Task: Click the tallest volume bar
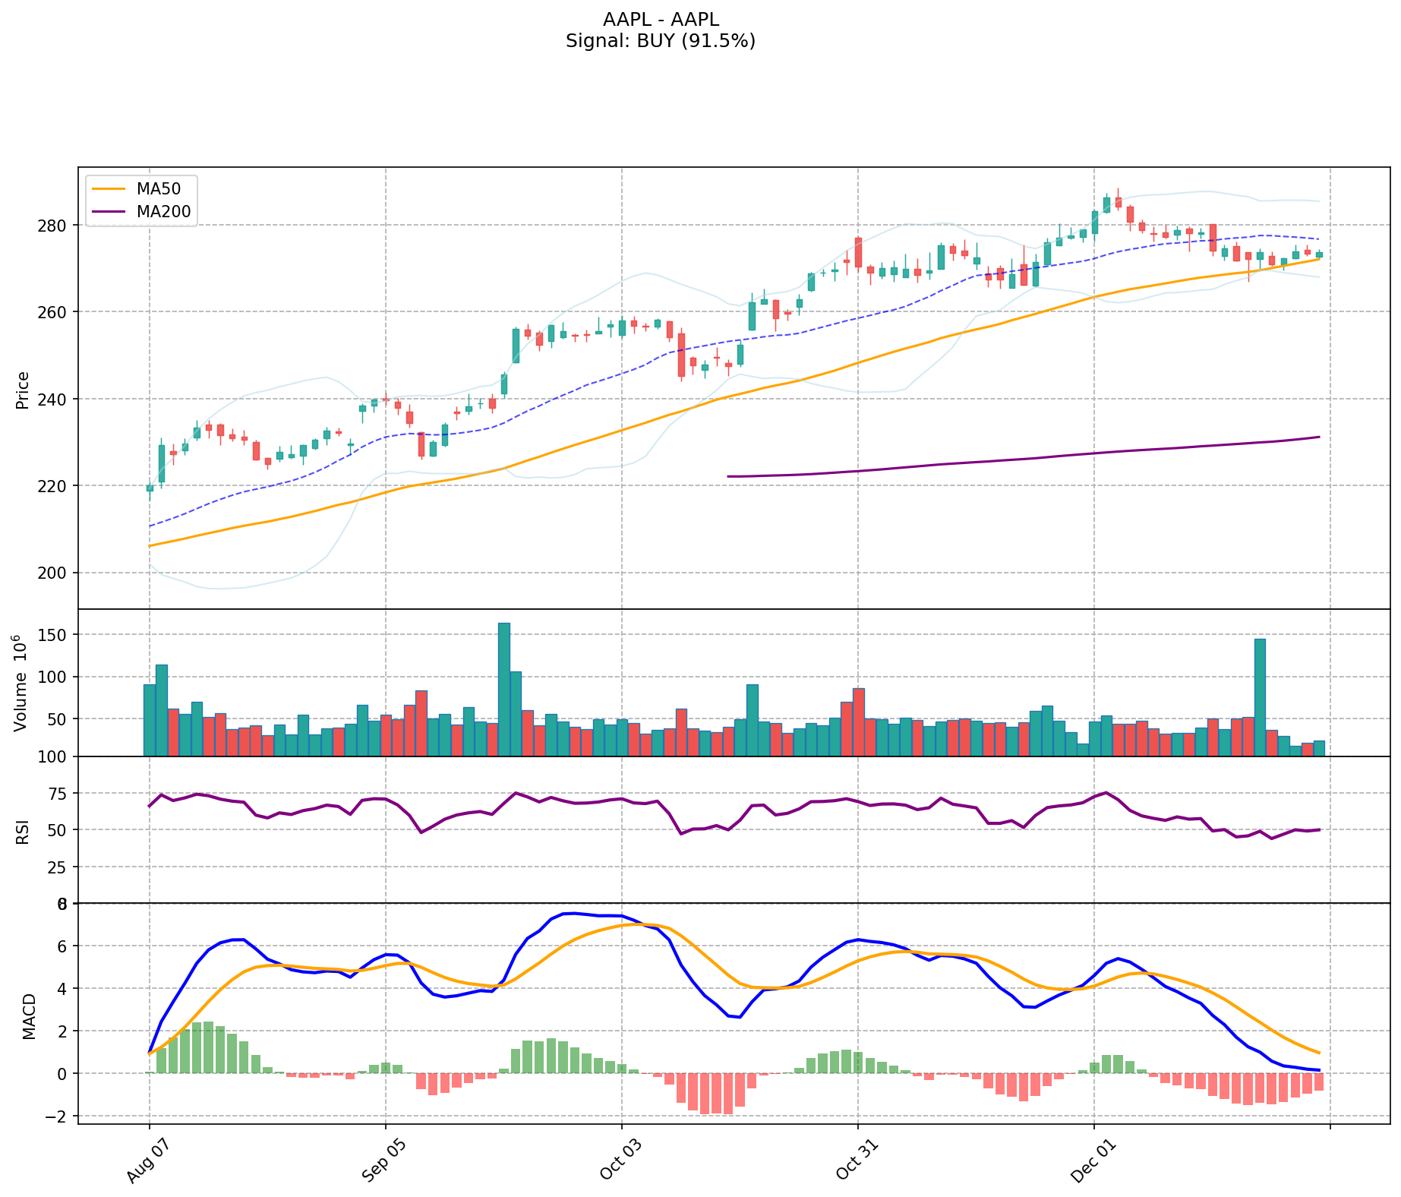coord(504,689)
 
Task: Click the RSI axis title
coord(23,831)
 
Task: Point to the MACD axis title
coord(29,1015)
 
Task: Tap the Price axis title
coord(23,390)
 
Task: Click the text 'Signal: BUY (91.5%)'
coord(660,41)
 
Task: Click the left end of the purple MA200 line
coord(728,476)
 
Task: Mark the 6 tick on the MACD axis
coord(62,946)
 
